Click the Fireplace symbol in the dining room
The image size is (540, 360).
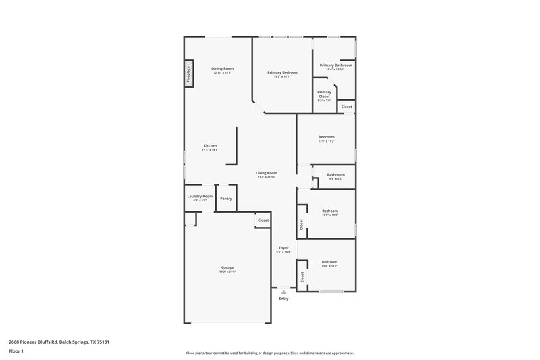coord(188,74)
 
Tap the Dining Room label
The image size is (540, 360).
coord(222,69)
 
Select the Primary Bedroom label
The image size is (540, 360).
coord(282,72)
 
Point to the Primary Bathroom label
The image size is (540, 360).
coord(335,66)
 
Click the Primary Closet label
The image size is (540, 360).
coord(324,94)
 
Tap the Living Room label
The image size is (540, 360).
coord(267,173)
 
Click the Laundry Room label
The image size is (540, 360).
coord(200,196)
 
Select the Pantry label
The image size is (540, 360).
coord(225,199)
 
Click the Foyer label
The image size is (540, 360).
coord(283,248)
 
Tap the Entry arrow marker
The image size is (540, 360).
coord(283,292)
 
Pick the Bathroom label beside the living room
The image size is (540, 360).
coord(335,175)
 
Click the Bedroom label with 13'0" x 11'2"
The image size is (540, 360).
coord(327,137)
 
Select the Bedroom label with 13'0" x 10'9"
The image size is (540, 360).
coord(329,211)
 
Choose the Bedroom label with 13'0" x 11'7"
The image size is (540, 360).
coord(329,261)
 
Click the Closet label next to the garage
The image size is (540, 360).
coord(263,220)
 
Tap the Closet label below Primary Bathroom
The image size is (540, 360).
coord(346,107)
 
